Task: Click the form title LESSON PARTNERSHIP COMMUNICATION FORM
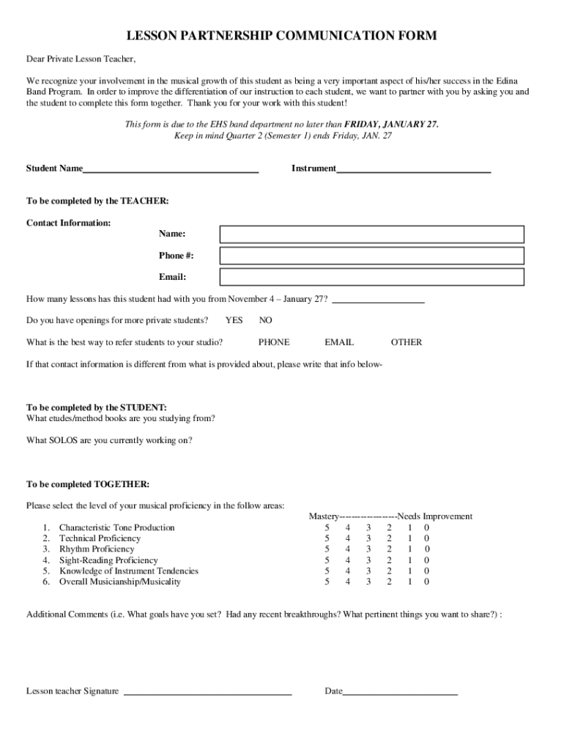(282, 36)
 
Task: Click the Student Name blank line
(171, 169)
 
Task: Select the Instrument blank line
(413, 169)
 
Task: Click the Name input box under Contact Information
(372, 234)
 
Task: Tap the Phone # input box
(372, 256)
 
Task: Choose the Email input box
(372, 277)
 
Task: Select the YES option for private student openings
(234, 321)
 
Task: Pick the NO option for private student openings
(265, 321)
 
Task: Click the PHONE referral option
(274, 342)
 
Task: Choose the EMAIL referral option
(339, 342)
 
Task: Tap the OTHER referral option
(407, 342)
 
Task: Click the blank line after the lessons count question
(378, 300)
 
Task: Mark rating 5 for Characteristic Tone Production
(327, 527)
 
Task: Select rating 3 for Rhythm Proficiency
(368, 549)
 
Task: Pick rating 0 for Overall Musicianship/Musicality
(427, 582)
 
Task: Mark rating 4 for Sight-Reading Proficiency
(348, 560)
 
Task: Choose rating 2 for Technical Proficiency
(390, 538)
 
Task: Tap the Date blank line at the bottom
(400, 691)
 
